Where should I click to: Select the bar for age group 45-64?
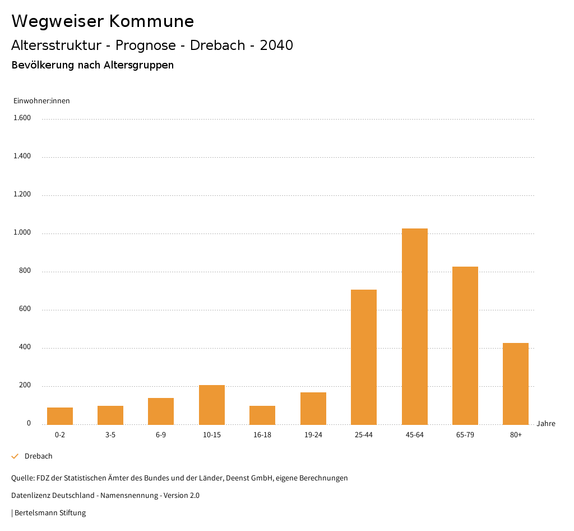click(414, 326)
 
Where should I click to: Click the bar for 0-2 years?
click(60, 416)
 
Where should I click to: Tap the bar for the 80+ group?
click(516, 383)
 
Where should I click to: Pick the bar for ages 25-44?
click(364, 357)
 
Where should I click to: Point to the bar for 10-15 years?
click(212, 405)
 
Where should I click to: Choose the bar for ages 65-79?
click(465, 345)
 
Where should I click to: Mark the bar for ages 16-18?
click(262, 415)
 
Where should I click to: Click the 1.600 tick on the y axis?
click(22, 118)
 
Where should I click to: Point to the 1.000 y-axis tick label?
click(22, 232)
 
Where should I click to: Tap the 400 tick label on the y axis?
click(25, 347)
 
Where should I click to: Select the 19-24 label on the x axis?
click(313, 435)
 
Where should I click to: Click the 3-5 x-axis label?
click(110, 435)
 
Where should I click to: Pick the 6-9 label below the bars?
click(161, 435)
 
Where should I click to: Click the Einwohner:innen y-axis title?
click(41, 101)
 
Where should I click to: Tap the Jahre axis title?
click(546, 424)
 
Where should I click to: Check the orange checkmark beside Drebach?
click(15, 456)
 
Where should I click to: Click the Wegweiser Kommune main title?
click(103, 21)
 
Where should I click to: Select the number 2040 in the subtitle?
click(276, 45)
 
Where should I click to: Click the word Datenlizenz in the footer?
click(30, 496)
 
